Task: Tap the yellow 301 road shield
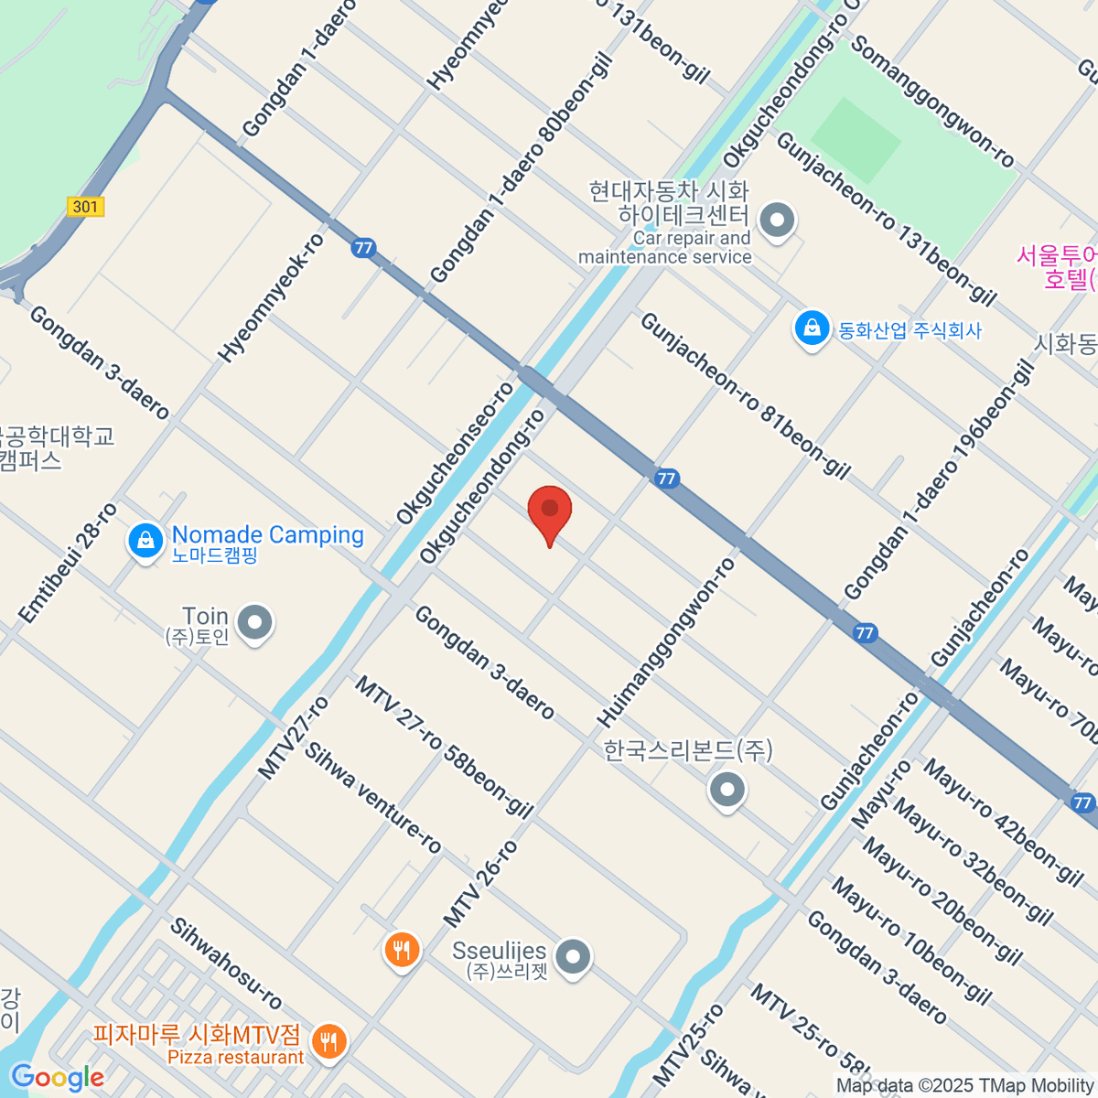(85, 207)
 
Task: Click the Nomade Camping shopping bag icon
(145, 541)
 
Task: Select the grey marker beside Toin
(254, 623)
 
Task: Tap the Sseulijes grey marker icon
(574, 957)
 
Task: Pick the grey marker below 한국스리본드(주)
(727, 789)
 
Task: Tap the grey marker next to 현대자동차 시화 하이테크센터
(778, 221)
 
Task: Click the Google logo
(57, 1078)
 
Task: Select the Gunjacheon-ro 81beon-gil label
(745, 395)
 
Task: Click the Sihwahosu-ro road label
(226, 963)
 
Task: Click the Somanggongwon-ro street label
(933, 102)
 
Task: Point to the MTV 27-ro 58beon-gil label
(444, 746)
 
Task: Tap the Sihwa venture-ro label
(373, 798)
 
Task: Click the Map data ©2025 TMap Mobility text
(964, 1085)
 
